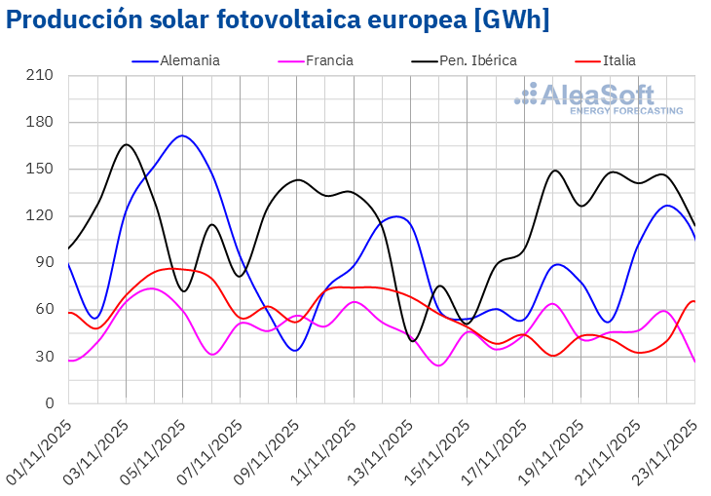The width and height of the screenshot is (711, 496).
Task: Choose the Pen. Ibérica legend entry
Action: pos(476,60)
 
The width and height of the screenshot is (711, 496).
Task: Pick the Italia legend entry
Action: pos(618,60)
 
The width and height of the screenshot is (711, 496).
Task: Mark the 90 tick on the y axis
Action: pos(47,262)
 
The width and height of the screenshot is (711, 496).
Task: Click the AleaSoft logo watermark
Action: pos(598,98)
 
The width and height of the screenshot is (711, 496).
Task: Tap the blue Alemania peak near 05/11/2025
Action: pos(182,135)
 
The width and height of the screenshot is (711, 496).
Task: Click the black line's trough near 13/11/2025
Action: pos(414,341)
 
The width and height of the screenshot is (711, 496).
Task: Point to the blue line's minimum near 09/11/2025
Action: pos(296,350)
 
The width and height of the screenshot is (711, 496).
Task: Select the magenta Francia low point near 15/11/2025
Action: pos(439,365)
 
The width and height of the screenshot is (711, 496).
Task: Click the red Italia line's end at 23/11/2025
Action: pos(693,301)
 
